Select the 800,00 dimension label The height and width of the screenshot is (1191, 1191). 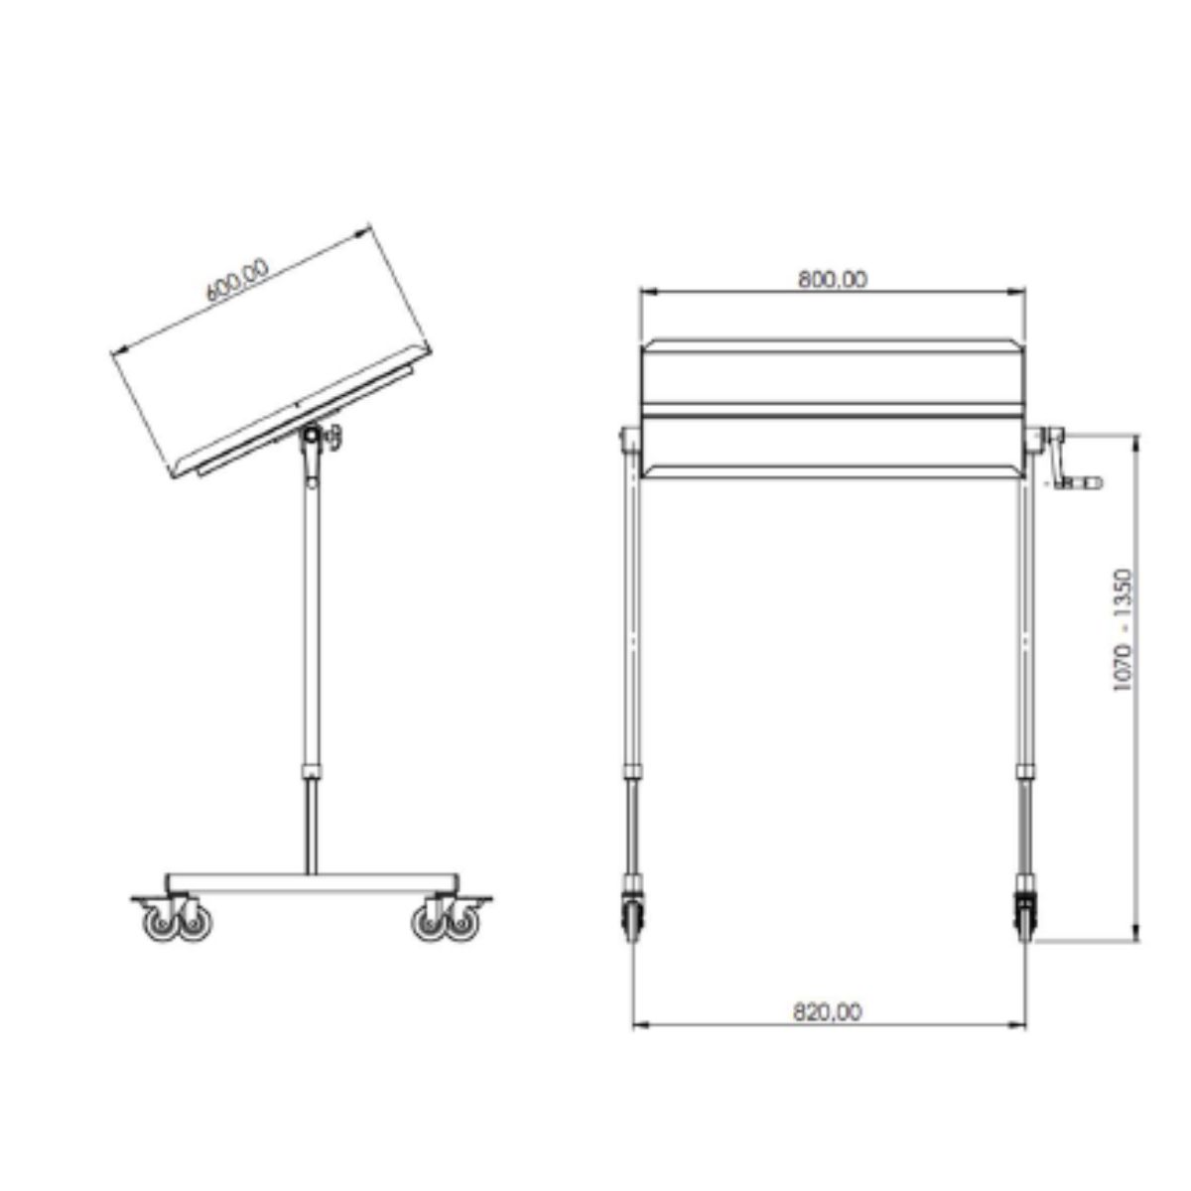(x=833, y=280)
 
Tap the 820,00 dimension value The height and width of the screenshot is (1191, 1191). (x=828, y=1012)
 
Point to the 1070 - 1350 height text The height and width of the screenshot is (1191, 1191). (x=1123, y=629)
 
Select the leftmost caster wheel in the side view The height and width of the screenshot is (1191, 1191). (x=160, y=922)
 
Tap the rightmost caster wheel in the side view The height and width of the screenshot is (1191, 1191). (x=463, y=922)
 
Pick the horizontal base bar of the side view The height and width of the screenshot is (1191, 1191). (x=313, y=882)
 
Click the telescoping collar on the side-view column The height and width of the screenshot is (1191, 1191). (x=313, y=770)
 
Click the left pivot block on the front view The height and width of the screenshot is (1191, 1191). (x=629, y=438)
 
